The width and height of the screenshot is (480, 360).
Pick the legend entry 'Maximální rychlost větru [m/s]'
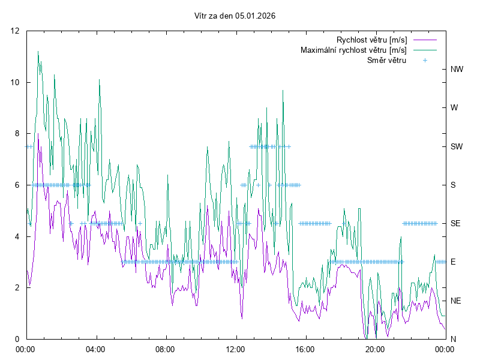353,50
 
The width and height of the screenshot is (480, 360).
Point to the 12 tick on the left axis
16,31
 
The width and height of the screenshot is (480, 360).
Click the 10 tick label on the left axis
16,82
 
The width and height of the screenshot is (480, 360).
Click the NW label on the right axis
457,69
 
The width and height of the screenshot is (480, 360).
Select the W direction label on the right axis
454,108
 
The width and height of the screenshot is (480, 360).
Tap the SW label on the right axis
457,146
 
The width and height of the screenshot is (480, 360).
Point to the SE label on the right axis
455,223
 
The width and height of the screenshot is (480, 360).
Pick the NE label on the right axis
455,301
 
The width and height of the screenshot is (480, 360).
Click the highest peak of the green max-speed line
38,52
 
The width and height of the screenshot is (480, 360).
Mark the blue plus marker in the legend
425,60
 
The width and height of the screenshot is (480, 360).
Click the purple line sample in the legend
425,40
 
